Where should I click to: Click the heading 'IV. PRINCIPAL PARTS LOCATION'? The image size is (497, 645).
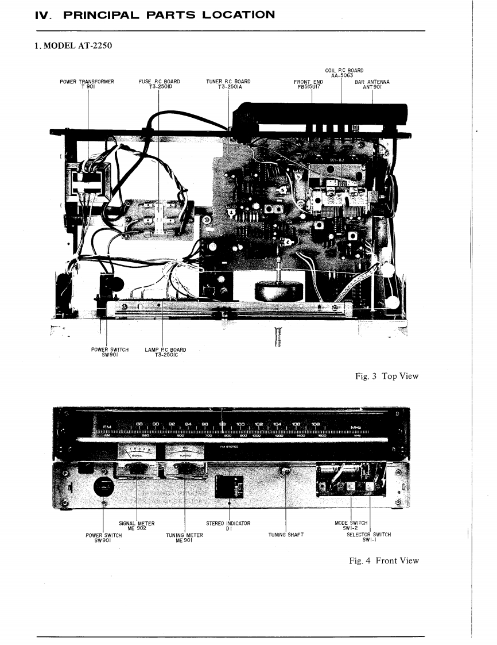(x=155, y=14)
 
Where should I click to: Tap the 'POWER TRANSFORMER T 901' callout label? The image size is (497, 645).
(x=87, y=85)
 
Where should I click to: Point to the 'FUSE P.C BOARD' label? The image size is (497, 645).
(x=160, y=85)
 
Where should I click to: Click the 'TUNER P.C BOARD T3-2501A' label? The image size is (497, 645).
(x=228, y=85)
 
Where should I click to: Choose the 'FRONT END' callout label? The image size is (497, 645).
(x=308, y=85)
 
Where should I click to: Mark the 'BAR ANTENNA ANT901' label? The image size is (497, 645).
(x=373, y=85)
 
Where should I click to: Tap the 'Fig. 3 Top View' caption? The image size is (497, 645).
(x=386, y=376)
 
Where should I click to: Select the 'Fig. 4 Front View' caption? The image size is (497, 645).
(x=384, y=560)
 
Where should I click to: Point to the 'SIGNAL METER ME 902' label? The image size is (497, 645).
(x=133, y=525)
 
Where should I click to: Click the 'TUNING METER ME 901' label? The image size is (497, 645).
(x=184, y=537)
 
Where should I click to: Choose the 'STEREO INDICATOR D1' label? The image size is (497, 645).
(x=228, y=525)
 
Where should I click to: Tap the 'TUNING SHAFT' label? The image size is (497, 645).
(x=286, y=535)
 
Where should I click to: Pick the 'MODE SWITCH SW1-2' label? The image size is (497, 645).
(x=351, y=525)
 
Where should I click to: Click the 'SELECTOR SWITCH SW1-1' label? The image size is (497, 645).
(x=368, y=537)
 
